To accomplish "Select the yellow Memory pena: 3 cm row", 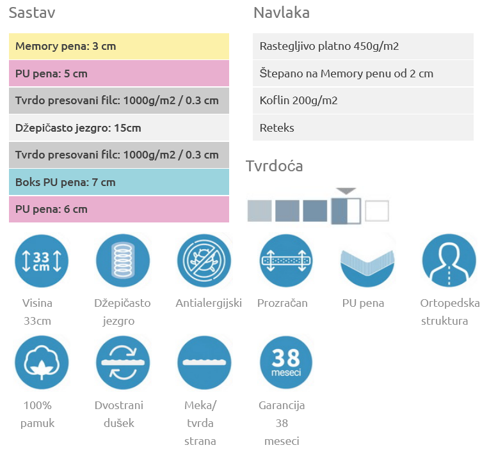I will (119, 47).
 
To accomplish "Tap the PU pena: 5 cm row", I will (119, 74).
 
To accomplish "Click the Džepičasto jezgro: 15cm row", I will (119, 128).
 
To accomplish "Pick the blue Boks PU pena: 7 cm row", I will (119, 182).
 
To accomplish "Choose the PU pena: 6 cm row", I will (119, 209).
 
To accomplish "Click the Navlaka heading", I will (282, 13).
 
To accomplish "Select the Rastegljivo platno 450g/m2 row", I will (363, 47).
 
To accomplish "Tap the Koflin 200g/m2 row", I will (363, 100).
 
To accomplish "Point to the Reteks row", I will (363, 128).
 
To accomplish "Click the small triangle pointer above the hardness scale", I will (346, 190).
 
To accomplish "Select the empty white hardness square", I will (377, 211).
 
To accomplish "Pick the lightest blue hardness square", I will (259, 211).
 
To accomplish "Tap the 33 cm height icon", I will (41, 261).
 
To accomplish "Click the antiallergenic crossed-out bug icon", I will (204, 261).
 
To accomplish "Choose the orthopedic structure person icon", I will (449, 261).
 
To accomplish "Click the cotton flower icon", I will (41, 362).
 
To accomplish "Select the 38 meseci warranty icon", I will (286, 362).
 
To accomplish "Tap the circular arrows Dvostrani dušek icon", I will (122, 362).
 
